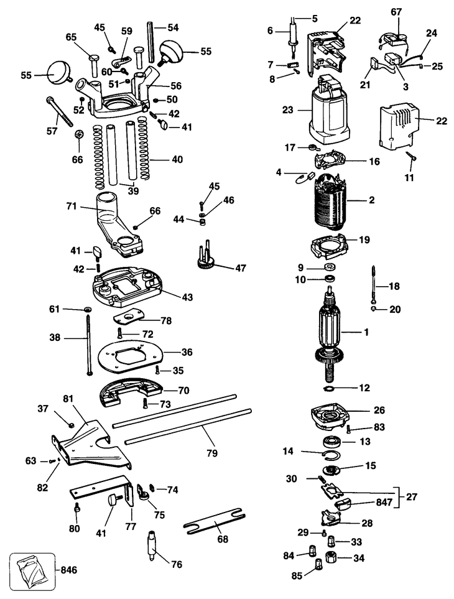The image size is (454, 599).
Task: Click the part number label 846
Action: [x=69, y=570]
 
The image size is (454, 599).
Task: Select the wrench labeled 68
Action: [x=214, y=521]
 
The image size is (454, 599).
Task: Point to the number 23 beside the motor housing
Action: [x=287, y=110]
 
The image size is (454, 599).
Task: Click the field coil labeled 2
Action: [x=329, y=200]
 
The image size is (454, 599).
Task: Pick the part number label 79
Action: [x=212, y=453]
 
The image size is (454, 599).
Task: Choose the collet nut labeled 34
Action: [x=331, y=557]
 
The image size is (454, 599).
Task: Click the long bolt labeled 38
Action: [x=88, y=344]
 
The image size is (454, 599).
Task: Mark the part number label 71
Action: [x=72, y=207]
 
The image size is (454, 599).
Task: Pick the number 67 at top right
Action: [x=396, y=12]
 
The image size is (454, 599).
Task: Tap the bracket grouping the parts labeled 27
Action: [x=398, y=498]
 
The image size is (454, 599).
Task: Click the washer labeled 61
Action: [x=88, y=309]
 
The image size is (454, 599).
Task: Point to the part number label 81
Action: [x=68, y=398]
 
